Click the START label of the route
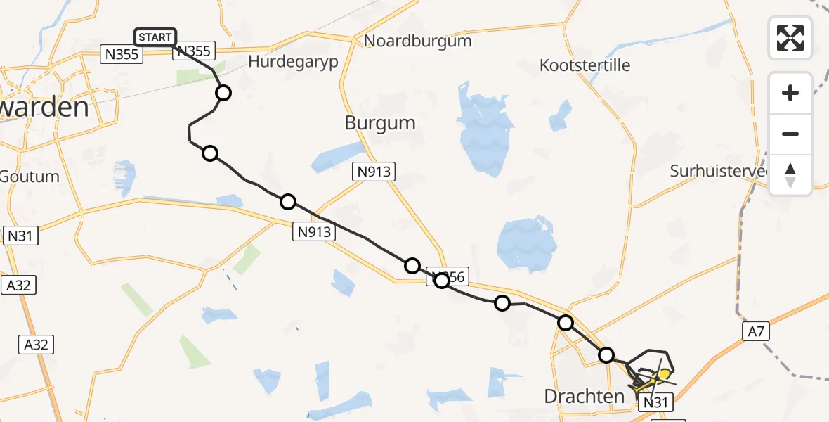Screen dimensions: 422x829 click(x=155, y=37)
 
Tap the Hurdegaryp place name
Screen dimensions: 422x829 click(x=293, y=61)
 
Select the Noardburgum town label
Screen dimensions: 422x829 click(x=417, y=41)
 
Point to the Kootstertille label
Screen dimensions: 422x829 click(x=585, y=65)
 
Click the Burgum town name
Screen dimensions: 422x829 click(x=379, y=123)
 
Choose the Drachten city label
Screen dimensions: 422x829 click(x=584, y=396)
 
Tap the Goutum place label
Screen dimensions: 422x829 click(x=30, y=176)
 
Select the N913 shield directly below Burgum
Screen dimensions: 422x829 click(x=374, y=172)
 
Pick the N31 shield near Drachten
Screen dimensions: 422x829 click(x=654, y=402)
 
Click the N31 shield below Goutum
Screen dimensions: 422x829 click(x=20, y=236)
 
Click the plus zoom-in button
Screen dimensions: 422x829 click(x=790, y=93)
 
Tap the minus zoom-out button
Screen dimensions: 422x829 click(x=790, y=134)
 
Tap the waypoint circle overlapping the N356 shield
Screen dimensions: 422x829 click(x=441, y=281)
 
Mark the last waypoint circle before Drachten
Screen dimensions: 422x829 click(x=606, y=355)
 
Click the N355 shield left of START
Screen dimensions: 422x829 click(x=117, y=55)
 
